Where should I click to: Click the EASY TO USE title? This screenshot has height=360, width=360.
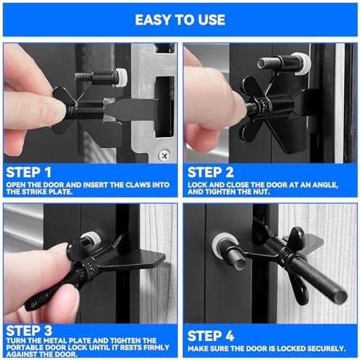tap(180, 20)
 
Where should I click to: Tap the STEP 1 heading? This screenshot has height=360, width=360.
tap(28, 173)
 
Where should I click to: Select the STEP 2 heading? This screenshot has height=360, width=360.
tap(211, 173)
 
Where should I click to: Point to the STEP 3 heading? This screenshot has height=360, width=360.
tap(29, 331)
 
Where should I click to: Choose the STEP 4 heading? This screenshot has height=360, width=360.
tap(211, 336)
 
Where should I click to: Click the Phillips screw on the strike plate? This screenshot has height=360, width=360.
tap(164, 155)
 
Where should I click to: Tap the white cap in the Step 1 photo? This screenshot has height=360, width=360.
tap(121, 77)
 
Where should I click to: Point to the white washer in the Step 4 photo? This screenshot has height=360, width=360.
tap(225, 246)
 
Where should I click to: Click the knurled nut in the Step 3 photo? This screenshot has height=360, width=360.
tap(91, 269)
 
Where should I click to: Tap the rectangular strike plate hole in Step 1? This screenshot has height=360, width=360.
tap(165, 107)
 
